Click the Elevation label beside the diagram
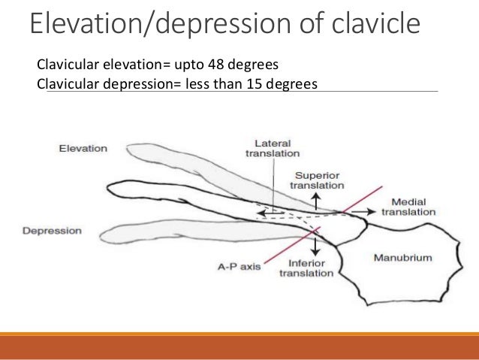tap(83, 148)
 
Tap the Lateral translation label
tap(271, 147)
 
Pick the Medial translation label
tap(408, 207)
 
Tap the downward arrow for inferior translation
tap(315, 246)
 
